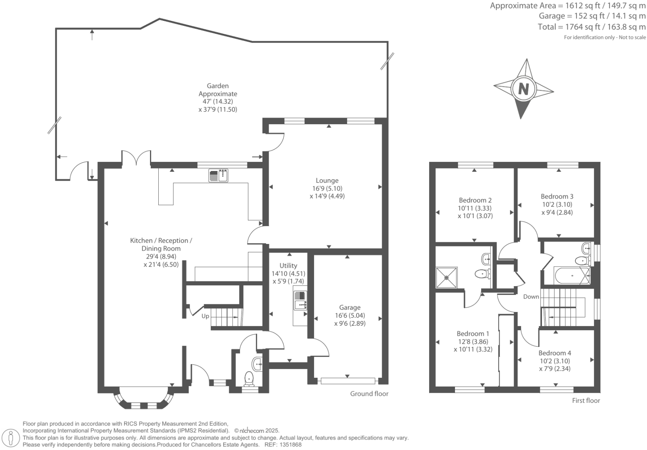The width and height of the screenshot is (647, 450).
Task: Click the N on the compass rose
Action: point(523,89)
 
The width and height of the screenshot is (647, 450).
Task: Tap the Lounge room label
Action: point(327,181)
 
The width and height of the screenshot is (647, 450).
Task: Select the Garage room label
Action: point(350,307)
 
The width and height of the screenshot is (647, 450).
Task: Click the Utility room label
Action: point(288,266)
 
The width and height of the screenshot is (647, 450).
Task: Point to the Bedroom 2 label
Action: point(475,200)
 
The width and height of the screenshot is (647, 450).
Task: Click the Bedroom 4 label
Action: point(555,353)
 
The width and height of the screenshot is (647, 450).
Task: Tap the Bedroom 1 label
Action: point(473,334)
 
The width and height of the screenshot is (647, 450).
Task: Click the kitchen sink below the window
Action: point(219,176)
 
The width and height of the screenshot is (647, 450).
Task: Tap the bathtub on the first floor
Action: point(572,276)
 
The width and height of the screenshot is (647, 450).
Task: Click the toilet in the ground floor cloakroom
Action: point(249,378)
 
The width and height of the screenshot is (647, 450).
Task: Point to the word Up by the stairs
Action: point(205,316)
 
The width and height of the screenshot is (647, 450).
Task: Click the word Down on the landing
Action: point(531,297)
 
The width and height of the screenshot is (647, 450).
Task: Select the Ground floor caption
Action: point(369,394)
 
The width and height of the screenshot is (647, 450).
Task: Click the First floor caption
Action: point(586,401)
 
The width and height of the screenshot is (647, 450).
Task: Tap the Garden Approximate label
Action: point(217,90)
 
